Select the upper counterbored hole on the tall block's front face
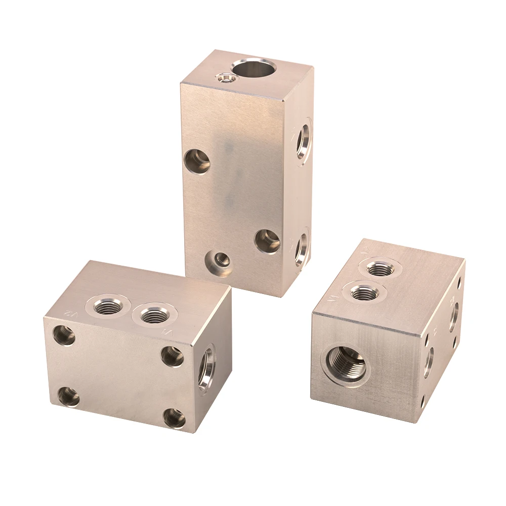(197, 161)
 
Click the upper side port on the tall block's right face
(304, 138)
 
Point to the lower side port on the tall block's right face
(301, 247)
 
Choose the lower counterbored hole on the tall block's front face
(267, 241)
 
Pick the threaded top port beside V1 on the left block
(151, 317)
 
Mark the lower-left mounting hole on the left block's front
(68, 397)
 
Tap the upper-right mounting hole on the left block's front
(173, 356)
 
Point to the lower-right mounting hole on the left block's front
(175, 418)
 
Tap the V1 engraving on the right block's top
(333, 298)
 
